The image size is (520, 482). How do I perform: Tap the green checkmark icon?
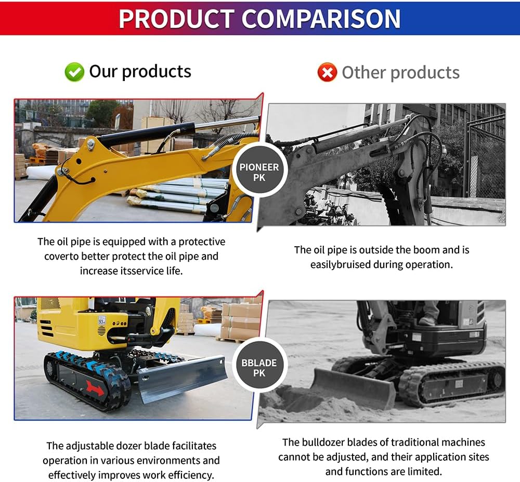74,72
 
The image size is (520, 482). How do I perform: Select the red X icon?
327,73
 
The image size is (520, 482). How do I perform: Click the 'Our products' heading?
140,71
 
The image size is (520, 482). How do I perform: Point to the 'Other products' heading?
400,73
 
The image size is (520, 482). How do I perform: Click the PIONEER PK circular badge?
259,172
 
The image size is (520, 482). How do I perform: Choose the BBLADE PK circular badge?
259,368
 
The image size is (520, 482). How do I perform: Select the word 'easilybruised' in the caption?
340,264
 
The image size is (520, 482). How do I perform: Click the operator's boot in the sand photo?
427,320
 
